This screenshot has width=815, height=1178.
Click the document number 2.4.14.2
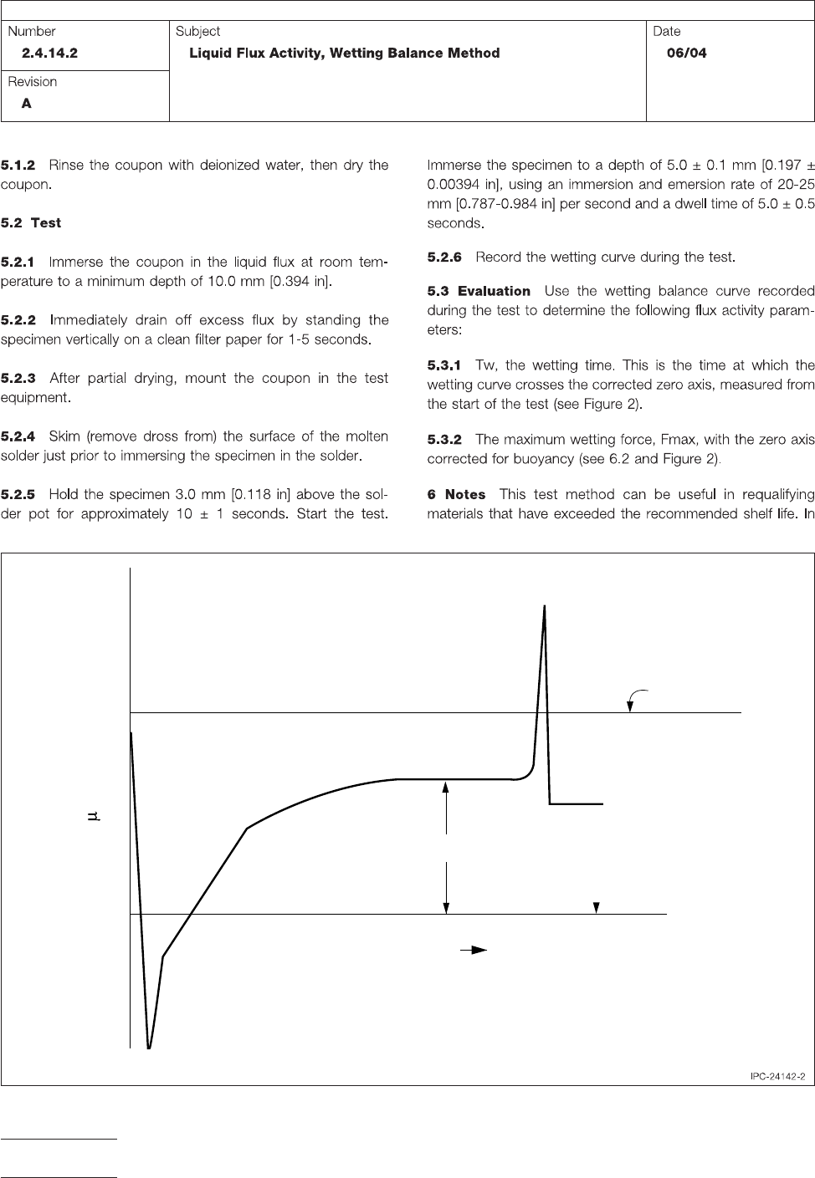coord(49,53)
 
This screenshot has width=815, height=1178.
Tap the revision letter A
coord(27,104)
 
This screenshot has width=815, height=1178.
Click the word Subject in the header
coord(197,31)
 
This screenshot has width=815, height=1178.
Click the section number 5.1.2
coord(18,165)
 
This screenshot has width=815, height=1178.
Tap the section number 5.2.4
coord(18,436)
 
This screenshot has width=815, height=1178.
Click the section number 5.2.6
coord(444,257)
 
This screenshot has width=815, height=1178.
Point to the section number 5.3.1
coord(444,365)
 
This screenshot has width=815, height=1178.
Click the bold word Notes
coord(465,494)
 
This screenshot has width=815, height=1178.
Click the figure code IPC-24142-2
coord(777,1076)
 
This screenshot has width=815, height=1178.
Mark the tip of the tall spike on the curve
coord(545,605)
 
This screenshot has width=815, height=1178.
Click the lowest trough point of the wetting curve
coord(149,1048)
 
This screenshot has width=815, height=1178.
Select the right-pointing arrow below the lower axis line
coord(474,950)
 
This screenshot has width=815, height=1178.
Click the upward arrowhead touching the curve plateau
coord(447,785)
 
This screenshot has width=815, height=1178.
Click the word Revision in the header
coord(33,81)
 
